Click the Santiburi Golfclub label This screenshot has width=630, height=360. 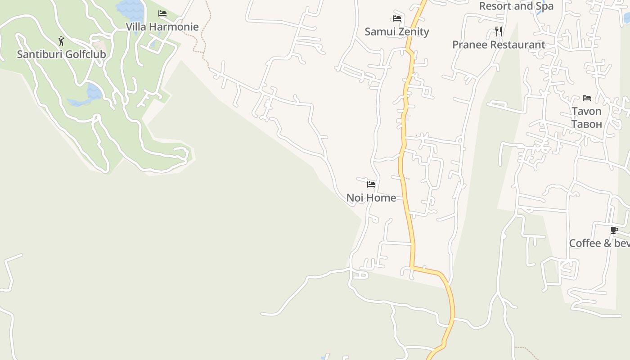[x=61, y=54]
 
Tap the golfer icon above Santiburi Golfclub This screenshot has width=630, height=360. [x=61, y=41]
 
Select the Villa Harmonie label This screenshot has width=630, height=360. [x=162, y=27]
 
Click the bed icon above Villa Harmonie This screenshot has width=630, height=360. [x=162, y=13]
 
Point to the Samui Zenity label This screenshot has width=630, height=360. [x=396, y=31]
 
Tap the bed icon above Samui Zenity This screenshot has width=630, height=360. [x=396, y=18]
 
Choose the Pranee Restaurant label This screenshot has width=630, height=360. [x=499, y=45]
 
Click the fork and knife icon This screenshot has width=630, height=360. [x=499, y=31]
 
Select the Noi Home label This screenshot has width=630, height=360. [x=371, y=198]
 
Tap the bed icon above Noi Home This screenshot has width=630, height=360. [x=371, y=184]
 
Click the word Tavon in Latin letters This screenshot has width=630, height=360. [x=586, y=111]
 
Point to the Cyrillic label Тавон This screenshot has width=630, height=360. [x=586, y=124]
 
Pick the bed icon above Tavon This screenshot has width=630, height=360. [x=587, y=98]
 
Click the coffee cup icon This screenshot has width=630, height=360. [x=614, y=230]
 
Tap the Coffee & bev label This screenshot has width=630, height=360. [x=599, y=243]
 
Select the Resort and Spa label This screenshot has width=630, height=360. [x=516, y=6]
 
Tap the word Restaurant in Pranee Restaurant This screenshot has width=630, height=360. [x=517, y=45]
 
